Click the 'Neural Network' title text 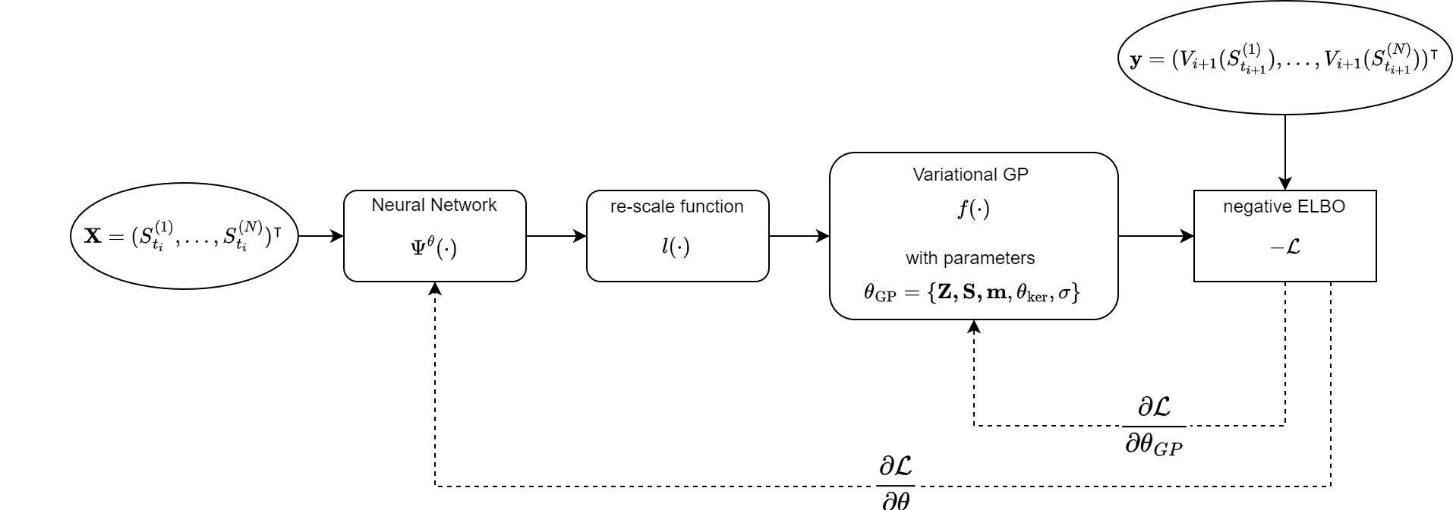[x=434, y=205]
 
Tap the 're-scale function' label [x=677, y=206]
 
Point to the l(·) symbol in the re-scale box [x=676, y=247]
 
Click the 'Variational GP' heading [x=970, y=175]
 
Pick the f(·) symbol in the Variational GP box [x=973, y=209]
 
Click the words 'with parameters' [x=970, y=258]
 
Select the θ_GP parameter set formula [x=972, y=293]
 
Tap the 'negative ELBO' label [x=1284, y=206]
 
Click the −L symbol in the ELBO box [x=1284, y=247]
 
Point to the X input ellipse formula [x=184, y=236]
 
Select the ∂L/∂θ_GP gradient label [x=1154, y=425]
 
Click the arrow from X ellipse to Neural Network [x=321, y=236]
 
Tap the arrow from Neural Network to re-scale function [x=556, y=236]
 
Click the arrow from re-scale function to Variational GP [x=799, y=236]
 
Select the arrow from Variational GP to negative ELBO [x=1156, y=236]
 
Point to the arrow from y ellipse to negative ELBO [x=1284, y=152]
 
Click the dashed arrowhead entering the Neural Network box [x=435, y=289]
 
